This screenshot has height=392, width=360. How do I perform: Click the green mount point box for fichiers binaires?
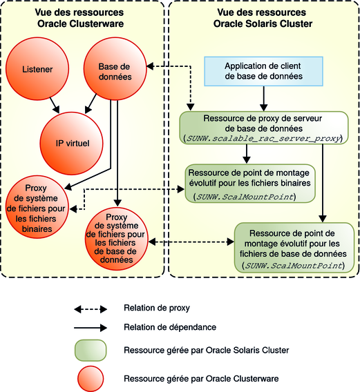(x=249, y=183)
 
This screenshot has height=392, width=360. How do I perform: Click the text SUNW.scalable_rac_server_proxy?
(x=265, y=139)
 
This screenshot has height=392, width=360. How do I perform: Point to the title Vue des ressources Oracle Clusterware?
(x=82, y=18)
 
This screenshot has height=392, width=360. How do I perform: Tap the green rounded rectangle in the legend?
(x=90, y=350)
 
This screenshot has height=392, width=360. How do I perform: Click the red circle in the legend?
(x=90, y=378)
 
